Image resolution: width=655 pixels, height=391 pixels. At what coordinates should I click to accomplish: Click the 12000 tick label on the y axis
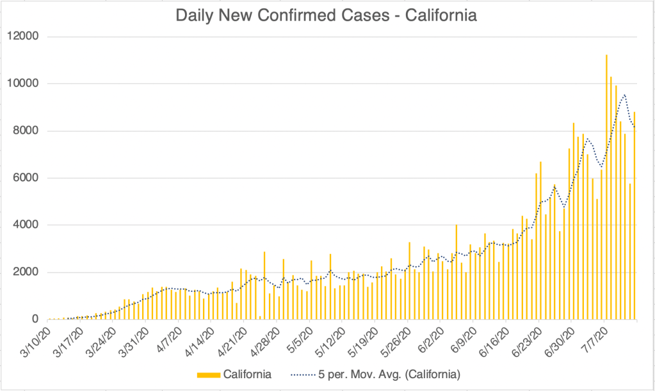point(22,36)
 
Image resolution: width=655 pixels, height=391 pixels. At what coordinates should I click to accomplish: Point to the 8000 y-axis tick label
point(25,131)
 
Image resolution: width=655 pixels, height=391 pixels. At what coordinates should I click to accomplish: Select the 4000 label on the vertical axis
point(25,225)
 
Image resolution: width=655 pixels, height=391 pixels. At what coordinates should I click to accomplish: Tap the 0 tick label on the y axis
point(35,319)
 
